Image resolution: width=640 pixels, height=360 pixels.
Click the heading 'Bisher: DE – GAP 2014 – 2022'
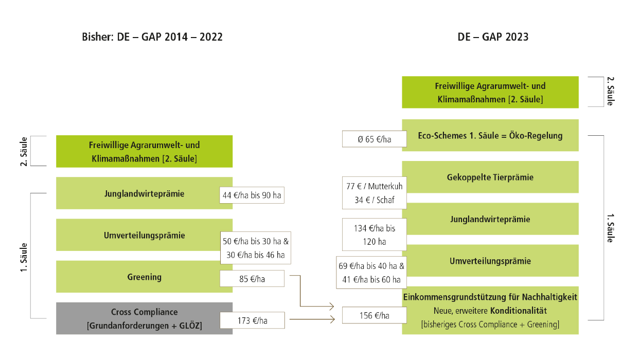click(152, 37)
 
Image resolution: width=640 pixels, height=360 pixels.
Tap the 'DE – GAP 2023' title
click(493, 37)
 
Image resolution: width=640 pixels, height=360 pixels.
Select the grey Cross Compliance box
click(144, 318)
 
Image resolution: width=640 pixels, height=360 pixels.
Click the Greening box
click(144, 277)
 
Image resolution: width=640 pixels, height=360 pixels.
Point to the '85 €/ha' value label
click(252, 279)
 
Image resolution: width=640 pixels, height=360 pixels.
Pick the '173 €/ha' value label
click(252, 320)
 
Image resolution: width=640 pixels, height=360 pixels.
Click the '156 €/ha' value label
click(375, 315)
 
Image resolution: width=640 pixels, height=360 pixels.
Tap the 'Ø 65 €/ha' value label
click(375, 139)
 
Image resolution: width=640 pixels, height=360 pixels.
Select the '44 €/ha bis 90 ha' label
click(252, 195)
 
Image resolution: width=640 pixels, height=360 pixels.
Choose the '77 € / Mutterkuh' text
click(375, 186)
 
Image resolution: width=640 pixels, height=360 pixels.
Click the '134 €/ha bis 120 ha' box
click(375, 235)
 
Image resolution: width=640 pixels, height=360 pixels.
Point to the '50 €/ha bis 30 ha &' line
click(256, 241)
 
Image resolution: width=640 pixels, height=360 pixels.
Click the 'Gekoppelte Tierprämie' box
click(490, 177)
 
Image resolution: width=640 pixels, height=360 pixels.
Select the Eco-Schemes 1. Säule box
click(490, 135)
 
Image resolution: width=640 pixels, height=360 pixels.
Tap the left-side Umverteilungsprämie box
click(144, 235)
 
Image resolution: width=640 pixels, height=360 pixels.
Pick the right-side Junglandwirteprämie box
click(490, 219)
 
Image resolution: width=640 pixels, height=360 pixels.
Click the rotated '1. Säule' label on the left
click(24, 258)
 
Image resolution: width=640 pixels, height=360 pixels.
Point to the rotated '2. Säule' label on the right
click(610, 91)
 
